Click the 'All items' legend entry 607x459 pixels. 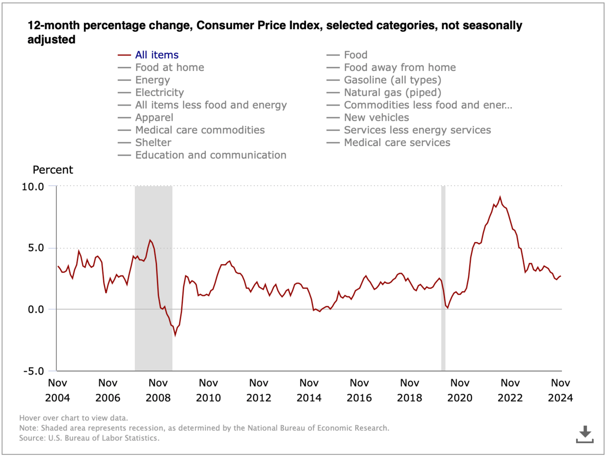pos(156,55)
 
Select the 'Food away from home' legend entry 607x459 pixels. pos(399,68)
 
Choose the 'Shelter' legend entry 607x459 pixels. pos(153,142)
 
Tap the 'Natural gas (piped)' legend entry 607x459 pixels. pos(392,93)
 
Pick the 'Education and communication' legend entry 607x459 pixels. pos(210,155)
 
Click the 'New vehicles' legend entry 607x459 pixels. pos(376,117)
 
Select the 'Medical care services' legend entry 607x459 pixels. pos(397,142)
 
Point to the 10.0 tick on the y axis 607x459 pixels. pos(33,187)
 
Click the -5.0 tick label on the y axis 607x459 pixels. pos(33,371)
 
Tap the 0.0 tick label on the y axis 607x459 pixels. pos(36,310)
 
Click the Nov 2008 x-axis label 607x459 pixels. pos(158,390)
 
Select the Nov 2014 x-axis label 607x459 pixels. pos(309,390)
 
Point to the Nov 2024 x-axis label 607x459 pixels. pos(560,390)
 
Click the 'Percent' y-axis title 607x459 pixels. pos(53,170)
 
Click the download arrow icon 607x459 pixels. pos(584,434)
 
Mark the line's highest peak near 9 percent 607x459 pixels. pos(500,197)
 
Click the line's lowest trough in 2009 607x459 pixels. pos(175,335)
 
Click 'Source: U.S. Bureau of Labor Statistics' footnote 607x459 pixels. pos(89,438)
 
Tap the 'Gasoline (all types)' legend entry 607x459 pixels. pos(392,80)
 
